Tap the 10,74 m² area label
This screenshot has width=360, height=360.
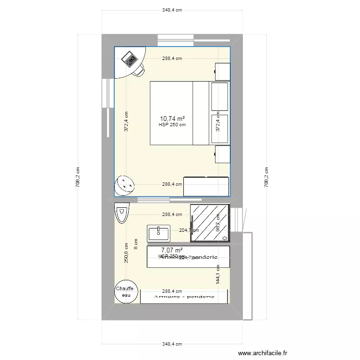[172, 118]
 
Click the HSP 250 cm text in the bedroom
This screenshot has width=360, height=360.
[172, 125]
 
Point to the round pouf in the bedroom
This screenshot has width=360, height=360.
[125, 184]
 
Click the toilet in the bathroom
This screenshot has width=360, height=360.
[122, 213]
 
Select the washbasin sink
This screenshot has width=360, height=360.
[158, 233]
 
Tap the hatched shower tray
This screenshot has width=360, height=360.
[210, 223]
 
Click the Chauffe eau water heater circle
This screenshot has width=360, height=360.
[126, 291]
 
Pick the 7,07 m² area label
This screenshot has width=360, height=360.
[172, 250]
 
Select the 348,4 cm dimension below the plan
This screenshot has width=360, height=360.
[172, 344]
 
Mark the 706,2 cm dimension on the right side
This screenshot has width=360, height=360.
[266, 178]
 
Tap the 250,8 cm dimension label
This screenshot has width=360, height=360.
[126, 252]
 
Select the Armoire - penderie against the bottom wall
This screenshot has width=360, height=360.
[184, 297]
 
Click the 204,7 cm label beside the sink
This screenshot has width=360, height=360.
[189, 230]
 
